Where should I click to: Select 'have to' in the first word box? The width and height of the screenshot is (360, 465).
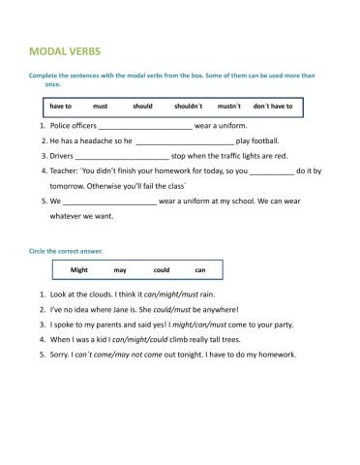61,106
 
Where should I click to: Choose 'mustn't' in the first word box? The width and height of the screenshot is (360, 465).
228,106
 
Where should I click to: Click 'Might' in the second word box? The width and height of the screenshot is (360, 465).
79,270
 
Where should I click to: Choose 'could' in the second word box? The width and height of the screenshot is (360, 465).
161,270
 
